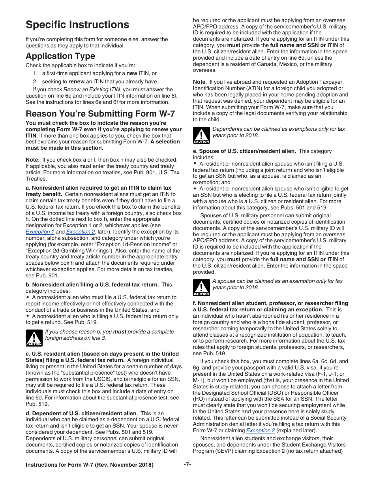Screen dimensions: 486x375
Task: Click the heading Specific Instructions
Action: tap(77, 24)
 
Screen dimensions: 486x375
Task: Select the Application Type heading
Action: tap(60, 56)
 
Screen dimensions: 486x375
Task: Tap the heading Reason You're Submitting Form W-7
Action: tap(100, 114)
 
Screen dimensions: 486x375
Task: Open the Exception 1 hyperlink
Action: tap(40, 232)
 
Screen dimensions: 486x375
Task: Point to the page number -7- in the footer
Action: tap(187, 465)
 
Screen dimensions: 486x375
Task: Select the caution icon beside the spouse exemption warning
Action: tap(201, 288)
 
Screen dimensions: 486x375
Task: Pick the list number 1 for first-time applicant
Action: tap(35, 73)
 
